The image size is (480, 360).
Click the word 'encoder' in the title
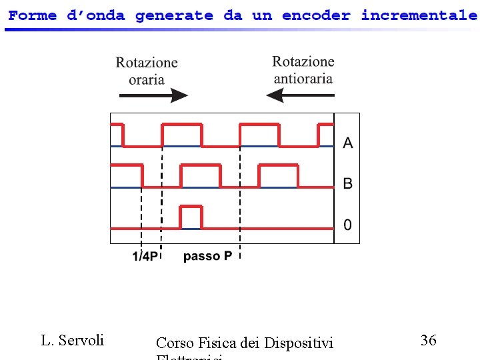(x=316, y=15)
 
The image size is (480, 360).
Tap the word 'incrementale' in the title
(x=419, y=15)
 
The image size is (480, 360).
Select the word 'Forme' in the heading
(x=33, y=15)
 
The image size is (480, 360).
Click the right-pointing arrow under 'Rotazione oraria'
(x=153, y=96)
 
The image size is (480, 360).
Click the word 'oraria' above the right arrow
(x=147, y=79)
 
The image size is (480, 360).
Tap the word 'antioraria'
(x=303, y=78)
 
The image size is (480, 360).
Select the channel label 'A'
(x=347, y=143)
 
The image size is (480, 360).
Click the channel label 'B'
(x=347, y=183)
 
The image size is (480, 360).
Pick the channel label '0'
(x=347, y=225)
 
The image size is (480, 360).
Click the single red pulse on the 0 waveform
(x=191, y=217)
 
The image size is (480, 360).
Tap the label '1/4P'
(x=145, y=257)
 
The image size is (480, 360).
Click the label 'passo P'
(x=207, y=256)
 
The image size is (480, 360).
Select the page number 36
(x=429, y=340)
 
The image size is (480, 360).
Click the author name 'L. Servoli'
(x=73, y=340)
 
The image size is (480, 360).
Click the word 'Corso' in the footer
(x=174, y=343)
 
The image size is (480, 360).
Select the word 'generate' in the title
(x=175, y=15)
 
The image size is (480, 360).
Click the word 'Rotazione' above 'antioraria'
(x=303, y=62)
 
